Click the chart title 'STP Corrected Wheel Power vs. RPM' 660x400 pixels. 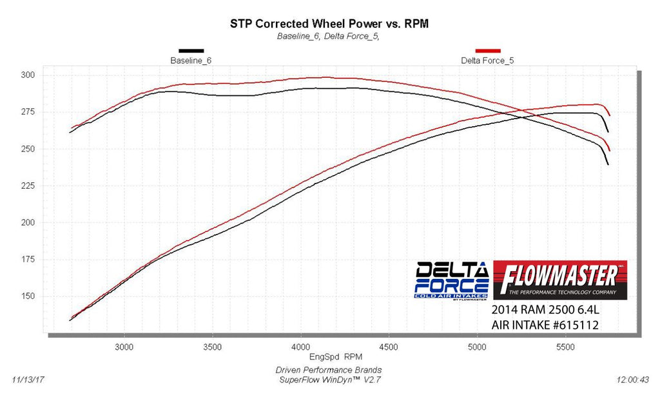tap(329, 24)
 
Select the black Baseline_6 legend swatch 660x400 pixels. tap(191, 51)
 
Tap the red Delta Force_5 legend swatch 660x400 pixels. tap(488, 51)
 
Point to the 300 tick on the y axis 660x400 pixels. tap(28, 75)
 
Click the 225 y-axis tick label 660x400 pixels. tap(28, 186)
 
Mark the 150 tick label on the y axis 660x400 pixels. tap(28, 296)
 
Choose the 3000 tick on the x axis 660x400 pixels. tap(124, 347)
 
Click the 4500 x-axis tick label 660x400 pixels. tap(389, 347)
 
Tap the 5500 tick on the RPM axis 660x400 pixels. tap(565, 347)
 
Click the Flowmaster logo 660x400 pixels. tap(560, 280)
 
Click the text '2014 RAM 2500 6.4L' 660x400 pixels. tap(545, 310)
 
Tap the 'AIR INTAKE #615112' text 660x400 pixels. tap(545, 325)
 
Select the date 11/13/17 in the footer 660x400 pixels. tap(28, 380)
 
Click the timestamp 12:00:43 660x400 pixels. tap(633, 380)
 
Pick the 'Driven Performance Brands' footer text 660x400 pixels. tap(329, 370)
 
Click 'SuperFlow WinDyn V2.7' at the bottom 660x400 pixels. tap(331, 380)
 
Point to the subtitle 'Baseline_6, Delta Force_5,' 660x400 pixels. tap(328, 36)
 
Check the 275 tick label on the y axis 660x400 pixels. tap(28, 112)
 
